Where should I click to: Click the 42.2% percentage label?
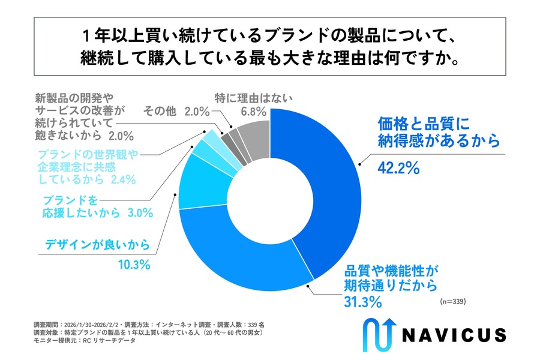click(x=397, y=169)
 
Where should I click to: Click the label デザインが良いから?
click(x=97, y=244)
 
